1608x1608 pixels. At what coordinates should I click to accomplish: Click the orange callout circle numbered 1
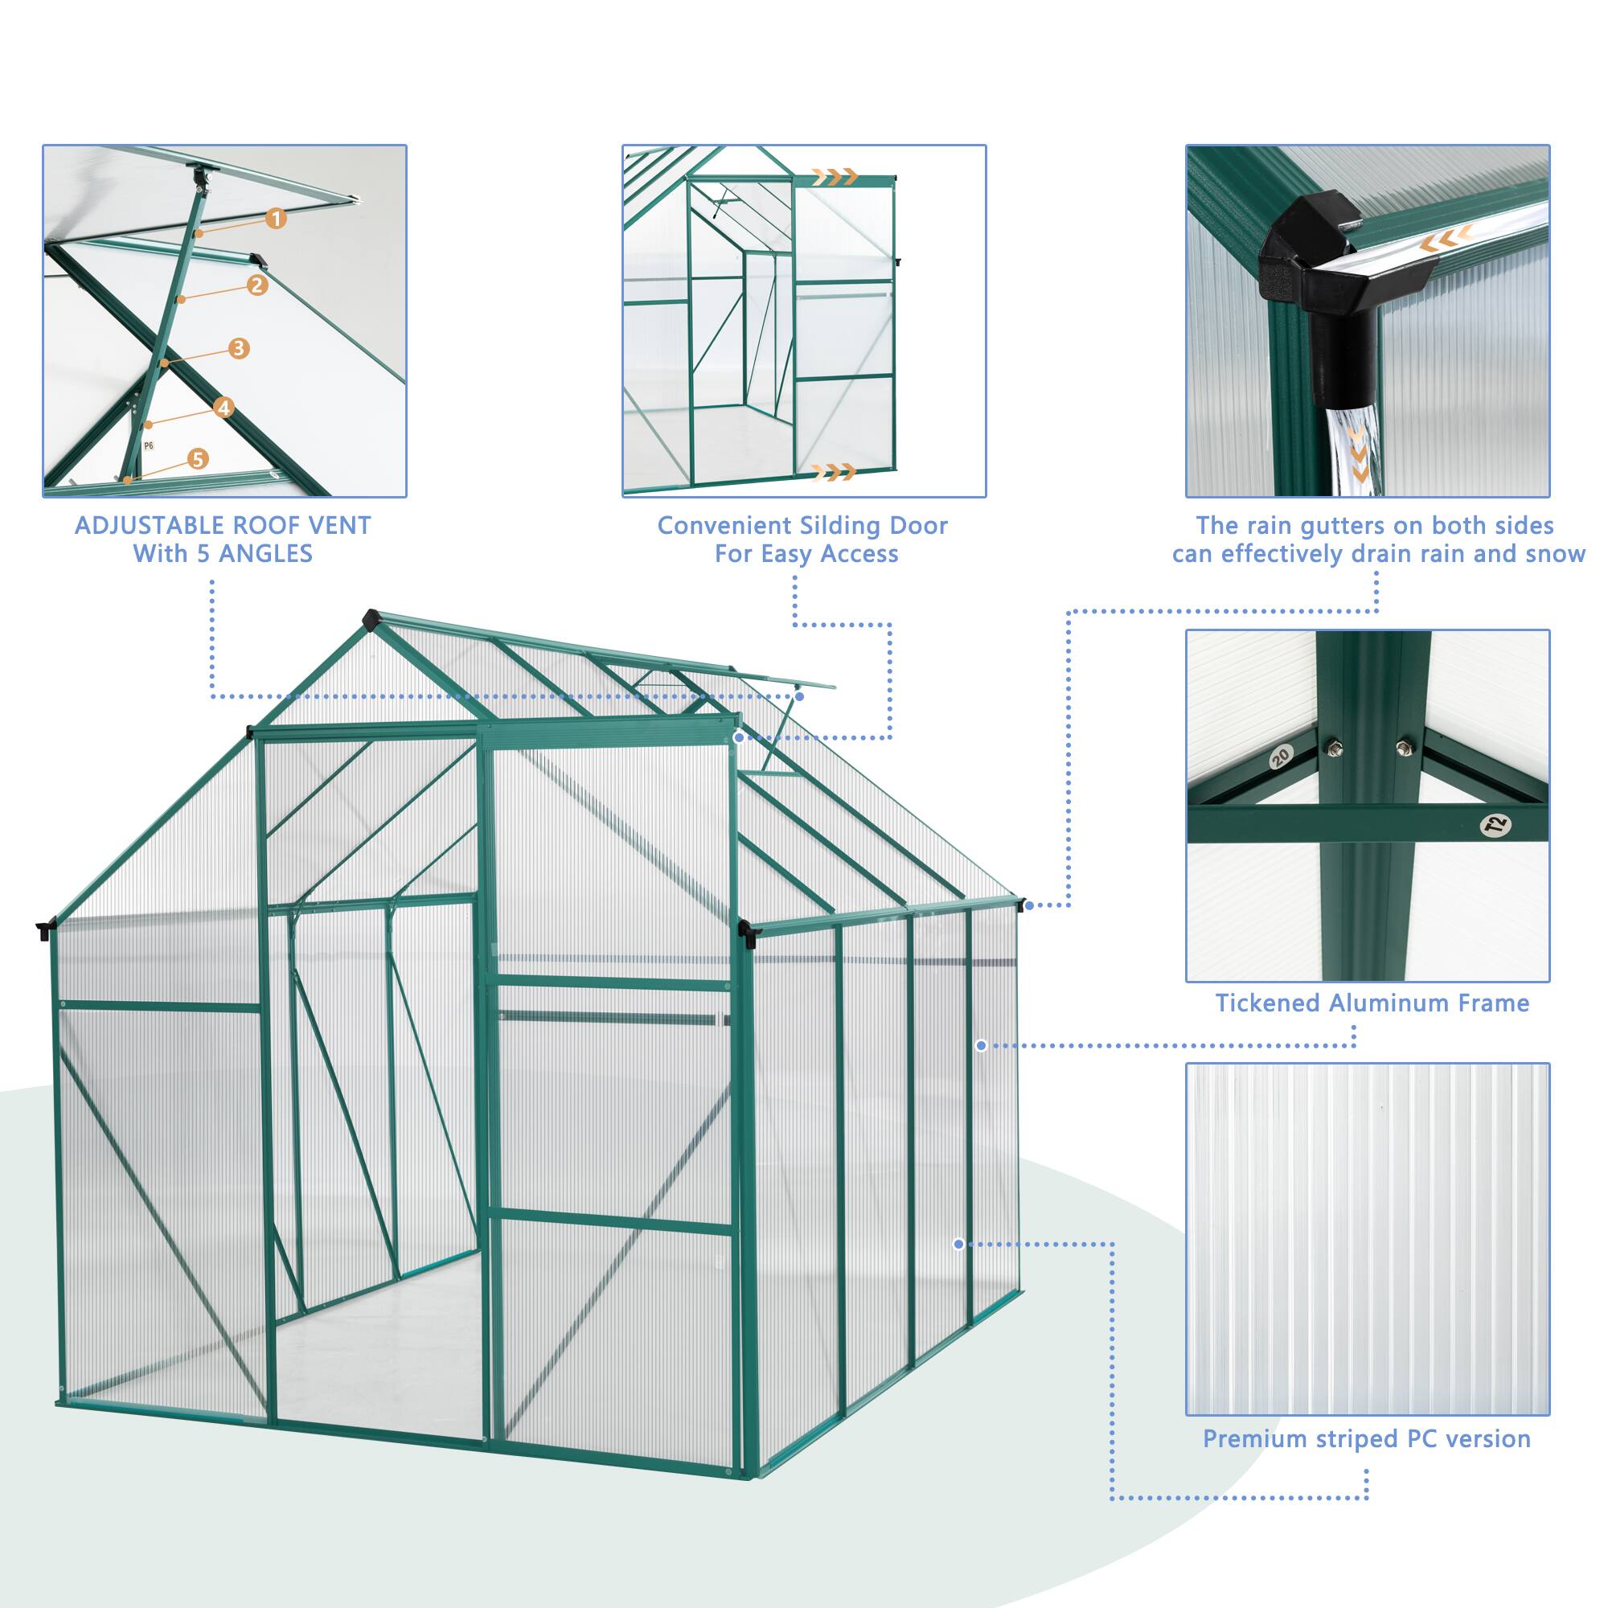[x=277, y=219]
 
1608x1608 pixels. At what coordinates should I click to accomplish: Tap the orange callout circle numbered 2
[x=257, y=285]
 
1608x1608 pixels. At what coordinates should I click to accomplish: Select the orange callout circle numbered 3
[x=239, y=348]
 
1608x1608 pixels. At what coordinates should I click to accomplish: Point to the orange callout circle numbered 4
[x=223, y=407]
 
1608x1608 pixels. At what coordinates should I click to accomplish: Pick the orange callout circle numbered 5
[x=197, y=458]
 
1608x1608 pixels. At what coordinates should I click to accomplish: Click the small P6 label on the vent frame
[x=149, y=446]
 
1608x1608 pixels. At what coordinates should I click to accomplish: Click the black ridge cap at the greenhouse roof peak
[x=371, y=620]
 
